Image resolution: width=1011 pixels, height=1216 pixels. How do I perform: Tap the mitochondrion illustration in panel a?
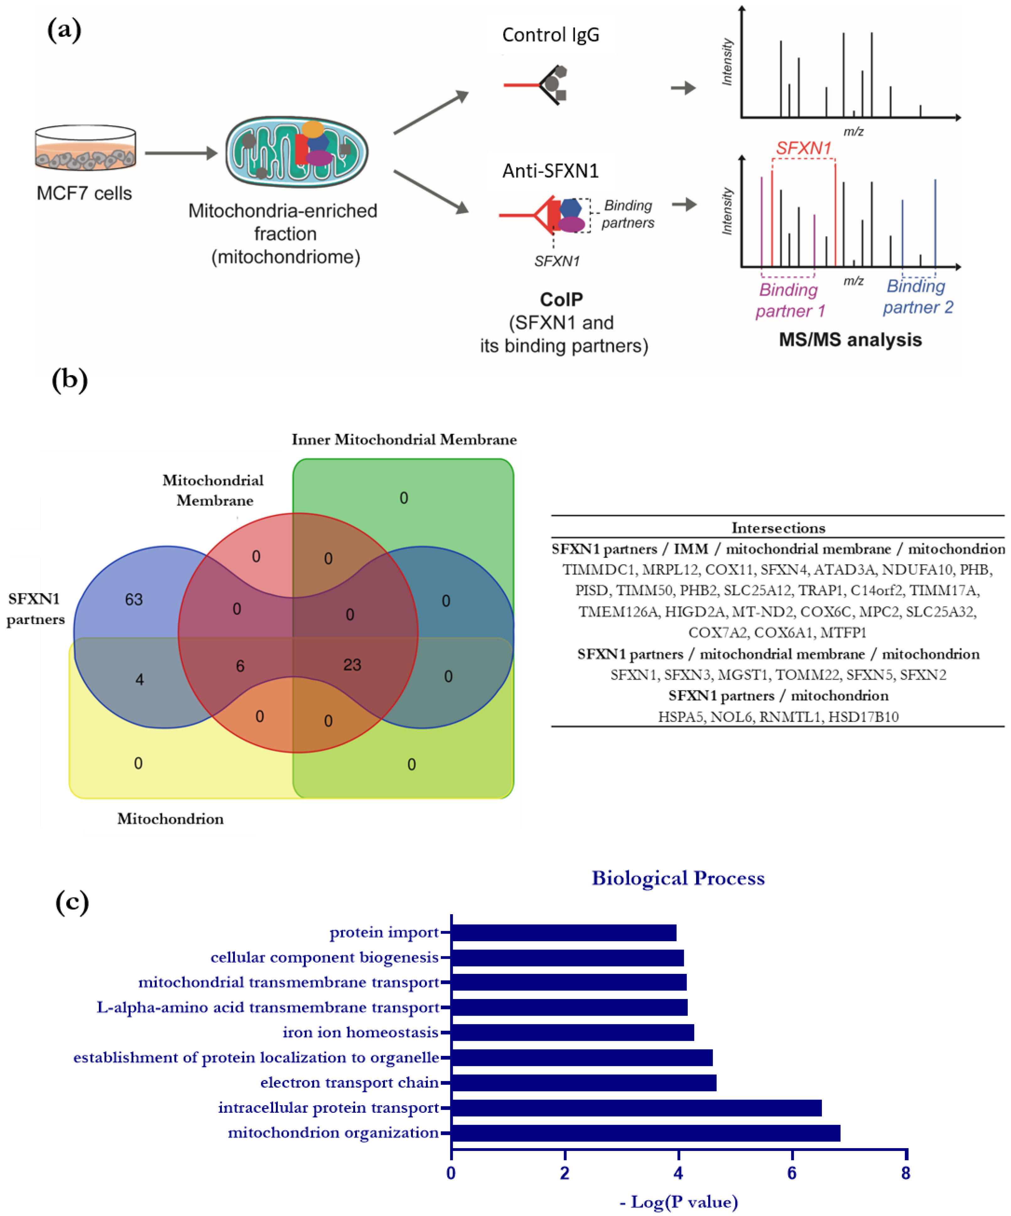[x=296, y=152]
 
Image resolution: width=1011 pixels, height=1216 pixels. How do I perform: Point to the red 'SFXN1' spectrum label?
[x=803, y=148]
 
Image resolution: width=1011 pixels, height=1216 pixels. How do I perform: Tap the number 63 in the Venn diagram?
[x=134, y=599]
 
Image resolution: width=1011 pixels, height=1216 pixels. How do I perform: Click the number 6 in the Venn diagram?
[x=240, y=666]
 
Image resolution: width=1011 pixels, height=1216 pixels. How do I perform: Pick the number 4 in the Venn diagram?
[x=139, y=679]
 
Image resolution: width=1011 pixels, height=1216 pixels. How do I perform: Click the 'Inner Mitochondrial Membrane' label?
[x=403, y=439]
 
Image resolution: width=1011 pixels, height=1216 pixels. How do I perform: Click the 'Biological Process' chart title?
[x=678, y=878]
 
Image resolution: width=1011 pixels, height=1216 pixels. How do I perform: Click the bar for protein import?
[x=563, y=932]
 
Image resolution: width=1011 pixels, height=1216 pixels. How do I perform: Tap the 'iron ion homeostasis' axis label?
[x=360, y=1033]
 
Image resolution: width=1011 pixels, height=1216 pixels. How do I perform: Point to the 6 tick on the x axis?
[x=792, y=1173]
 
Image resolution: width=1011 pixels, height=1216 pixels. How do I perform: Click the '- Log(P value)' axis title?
[x=678, y=1202]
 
